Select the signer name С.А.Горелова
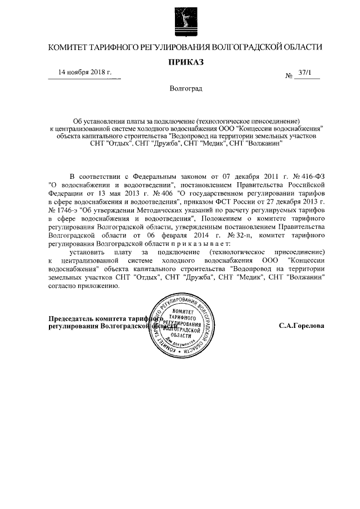click(x=301, y=326)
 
